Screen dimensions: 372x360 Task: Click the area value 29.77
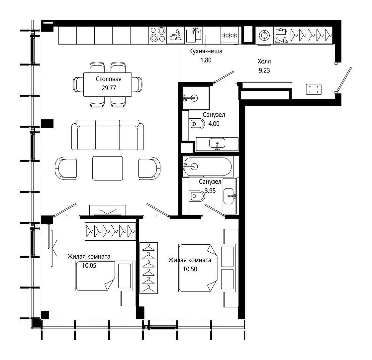tap(109, 88)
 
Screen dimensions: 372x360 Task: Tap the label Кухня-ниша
tap(206, 51)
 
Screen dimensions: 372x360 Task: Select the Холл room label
tap(264, 61)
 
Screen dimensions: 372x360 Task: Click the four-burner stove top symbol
tap(158, 35)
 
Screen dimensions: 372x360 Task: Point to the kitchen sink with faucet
tap(194, 35)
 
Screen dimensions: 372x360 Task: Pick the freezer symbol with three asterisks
tap(230, 36)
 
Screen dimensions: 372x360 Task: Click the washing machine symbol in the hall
tap(264, 36)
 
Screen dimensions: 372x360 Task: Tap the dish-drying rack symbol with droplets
tap(176, 35)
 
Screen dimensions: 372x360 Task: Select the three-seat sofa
tap(108, 135)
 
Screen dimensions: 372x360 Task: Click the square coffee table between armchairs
tap(108, 168)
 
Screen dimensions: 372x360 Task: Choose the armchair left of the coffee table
tap(66, 168)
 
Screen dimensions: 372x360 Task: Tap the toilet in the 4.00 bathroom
tap(197, 124)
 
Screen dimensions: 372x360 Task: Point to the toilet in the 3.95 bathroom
tap(197, 196)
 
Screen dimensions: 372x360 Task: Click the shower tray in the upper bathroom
tap(196, 98)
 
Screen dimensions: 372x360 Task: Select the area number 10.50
tap(190, 269)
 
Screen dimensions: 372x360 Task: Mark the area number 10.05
tap(89, 266)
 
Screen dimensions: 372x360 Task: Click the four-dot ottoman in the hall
tap(314, 89)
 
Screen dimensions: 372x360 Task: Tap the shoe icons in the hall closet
tap(281, 40)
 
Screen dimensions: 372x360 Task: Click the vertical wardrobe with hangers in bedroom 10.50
tap(149, 268)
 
